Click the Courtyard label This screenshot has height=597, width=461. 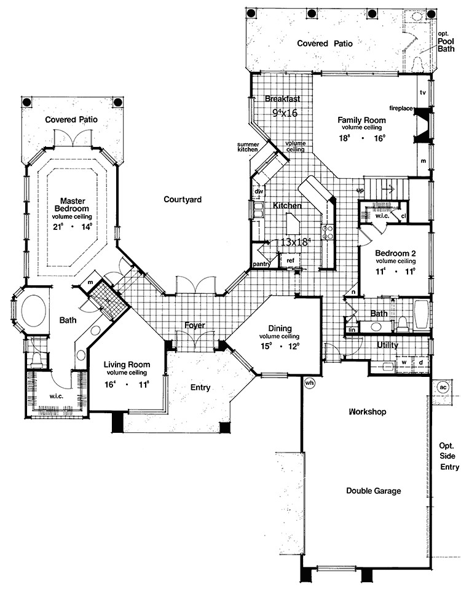coord(183,199)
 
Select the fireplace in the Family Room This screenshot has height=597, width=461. coord(424,126)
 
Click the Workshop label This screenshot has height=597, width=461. coord(367,412)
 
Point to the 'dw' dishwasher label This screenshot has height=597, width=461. coord(258,191)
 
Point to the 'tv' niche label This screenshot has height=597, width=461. coord(422,92)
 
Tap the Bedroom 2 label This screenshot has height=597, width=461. coord(393,254)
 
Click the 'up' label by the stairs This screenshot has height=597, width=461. coord(360,191)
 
